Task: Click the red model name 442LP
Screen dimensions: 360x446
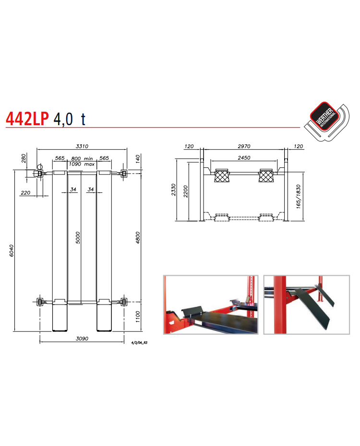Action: click(x=27, y=118)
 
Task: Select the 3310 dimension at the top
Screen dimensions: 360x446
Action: click(x=82, y=146)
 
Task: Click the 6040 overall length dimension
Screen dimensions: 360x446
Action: click(x=12, y=251)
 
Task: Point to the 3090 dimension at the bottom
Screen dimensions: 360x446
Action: click(x=82, y=339)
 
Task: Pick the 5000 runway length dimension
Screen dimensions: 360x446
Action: click(x=78, y=238)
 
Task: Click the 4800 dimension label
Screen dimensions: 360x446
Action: click(x=138, y=237)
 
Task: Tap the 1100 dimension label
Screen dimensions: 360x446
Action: click(x=138, y=317)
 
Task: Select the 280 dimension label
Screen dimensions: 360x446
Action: click(x=24, y=158)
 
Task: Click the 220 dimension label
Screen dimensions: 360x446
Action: click(x=25, y=193)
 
